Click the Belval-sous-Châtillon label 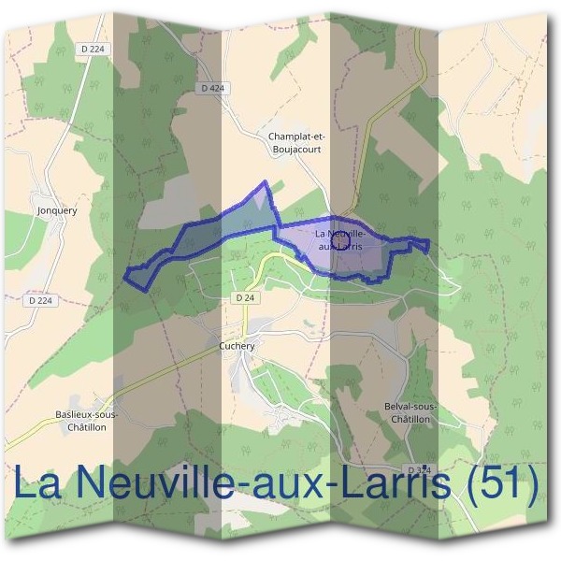(x=410, y=413)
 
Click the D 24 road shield (x=245, y=297)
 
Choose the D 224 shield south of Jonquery (x=40, y=300)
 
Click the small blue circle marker (x=341, y=241)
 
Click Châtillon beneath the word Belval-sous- (x=410, y=419)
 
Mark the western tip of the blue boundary (x=127, y=273)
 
